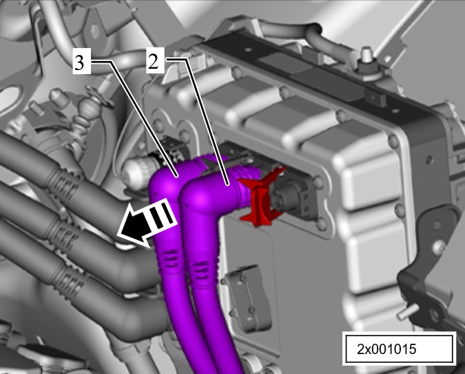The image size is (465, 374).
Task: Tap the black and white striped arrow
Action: click(147, 221)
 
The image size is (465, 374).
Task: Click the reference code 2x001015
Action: click(386, 349)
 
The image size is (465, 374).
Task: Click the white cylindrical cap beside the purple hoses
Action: click(137, 174)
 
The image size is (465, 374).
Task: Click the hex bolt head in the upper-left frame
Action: click(96, 29)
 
